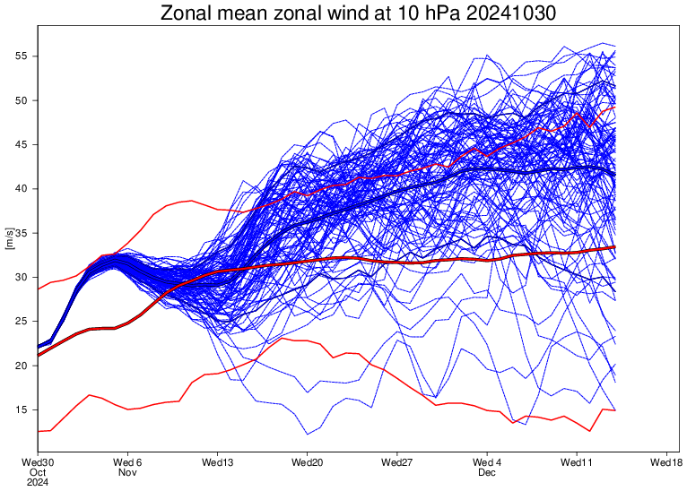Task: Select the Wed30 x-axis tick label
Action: pos(38,462)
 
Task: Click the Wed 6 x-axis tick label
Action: pos(127,462)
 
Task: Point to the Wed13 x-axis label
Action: pos(217,462)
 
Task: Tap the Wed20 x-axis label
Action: pos(307,462)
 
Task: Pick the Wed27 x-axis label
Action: pos(396,462)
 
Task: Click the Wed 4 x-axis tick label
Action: pos(486,462)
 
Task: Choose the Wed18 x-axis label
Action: pos(665,462)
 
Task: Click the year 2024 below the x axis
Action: pos(38,482)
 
